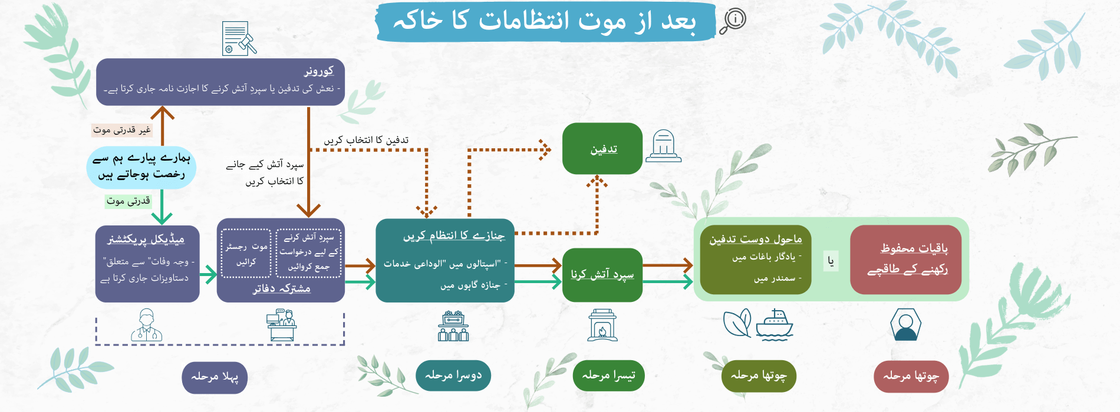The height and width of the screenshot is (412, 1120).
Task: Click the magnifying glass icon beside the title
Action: click(x=733, y=21)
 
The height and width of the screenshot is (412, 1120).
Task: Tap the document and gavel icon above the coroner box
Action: click(x=239, y=39)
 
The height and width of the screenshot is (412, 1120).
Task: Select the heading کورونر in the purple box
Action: click(x=319, y=71)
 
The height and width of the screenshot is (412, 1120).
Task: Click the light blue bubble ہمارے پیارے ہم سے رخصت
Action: click(x=141, y=167)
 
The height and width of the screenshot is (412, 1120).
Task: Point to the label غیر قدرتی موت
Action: click(x=122, y=130)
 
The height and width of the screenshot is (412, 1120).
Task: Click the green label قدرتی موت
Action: click(x=129, y=201)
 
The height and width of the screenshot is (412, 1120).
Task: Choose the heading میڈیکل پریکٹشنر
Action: click(x=146, y=239)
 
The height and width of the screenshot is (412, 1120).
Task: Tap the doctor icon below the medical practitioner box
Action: click(x=146, y=325)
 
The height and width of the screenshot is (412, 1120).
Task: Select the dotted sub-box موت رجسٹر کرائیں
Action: click(x=246, y=254)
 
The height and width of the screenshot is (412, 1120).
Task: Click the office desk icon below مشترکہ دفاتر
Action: click(x=281, y=325)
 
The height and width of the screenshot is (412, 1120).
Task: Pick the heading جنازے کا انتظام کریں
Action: click(x=454, y=236)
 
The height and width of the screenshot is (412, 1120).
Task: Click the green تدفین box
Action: click(x=602, y=148)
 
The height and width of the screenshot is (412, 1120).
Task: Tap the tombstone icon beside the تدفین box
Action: click(x=664, y=146)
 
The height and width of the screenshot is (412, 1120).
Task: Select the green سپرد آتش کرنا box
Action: click(x=602, y=275)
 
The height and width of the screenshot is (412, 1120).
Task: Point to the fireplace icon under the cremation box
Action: click(x=602, y=325)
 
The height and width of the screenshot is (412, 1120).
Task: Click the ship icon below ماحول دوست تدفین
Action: click(x=774, y=325)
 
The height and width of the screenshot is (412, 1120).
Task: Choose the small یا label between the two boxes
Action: click(x=831, y=261)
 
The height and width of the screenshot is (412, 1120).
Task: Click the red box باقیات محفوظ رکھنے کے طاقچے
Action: click(x=906, y=260)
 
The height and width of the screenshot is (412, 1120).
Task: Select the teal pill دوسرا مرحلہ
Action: click(x=453, y=376)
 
